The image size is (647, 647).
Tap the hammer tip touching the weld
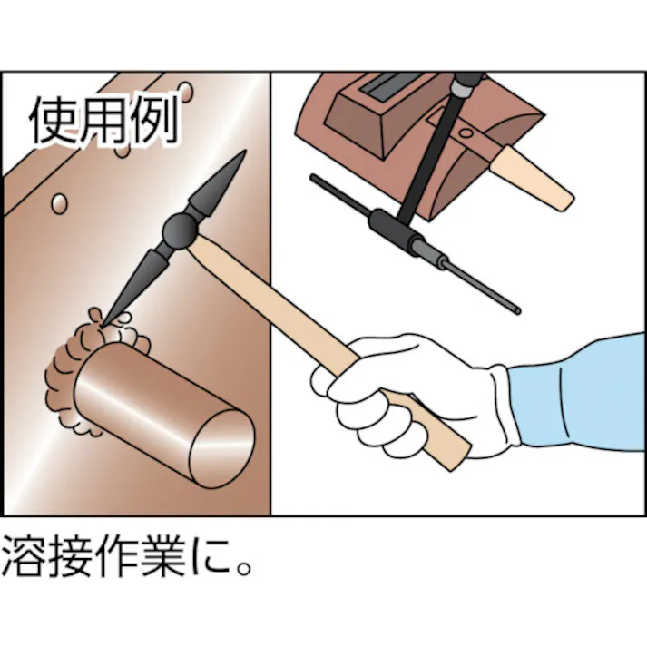click(x=106, y=319)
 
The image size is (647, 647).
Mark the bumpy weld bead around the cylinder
click(x=73, y=363)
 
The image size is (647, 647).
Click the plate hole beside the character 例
click(x=186, y=93)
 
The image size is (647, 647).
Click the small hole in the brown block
click(x=468, y=132)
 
